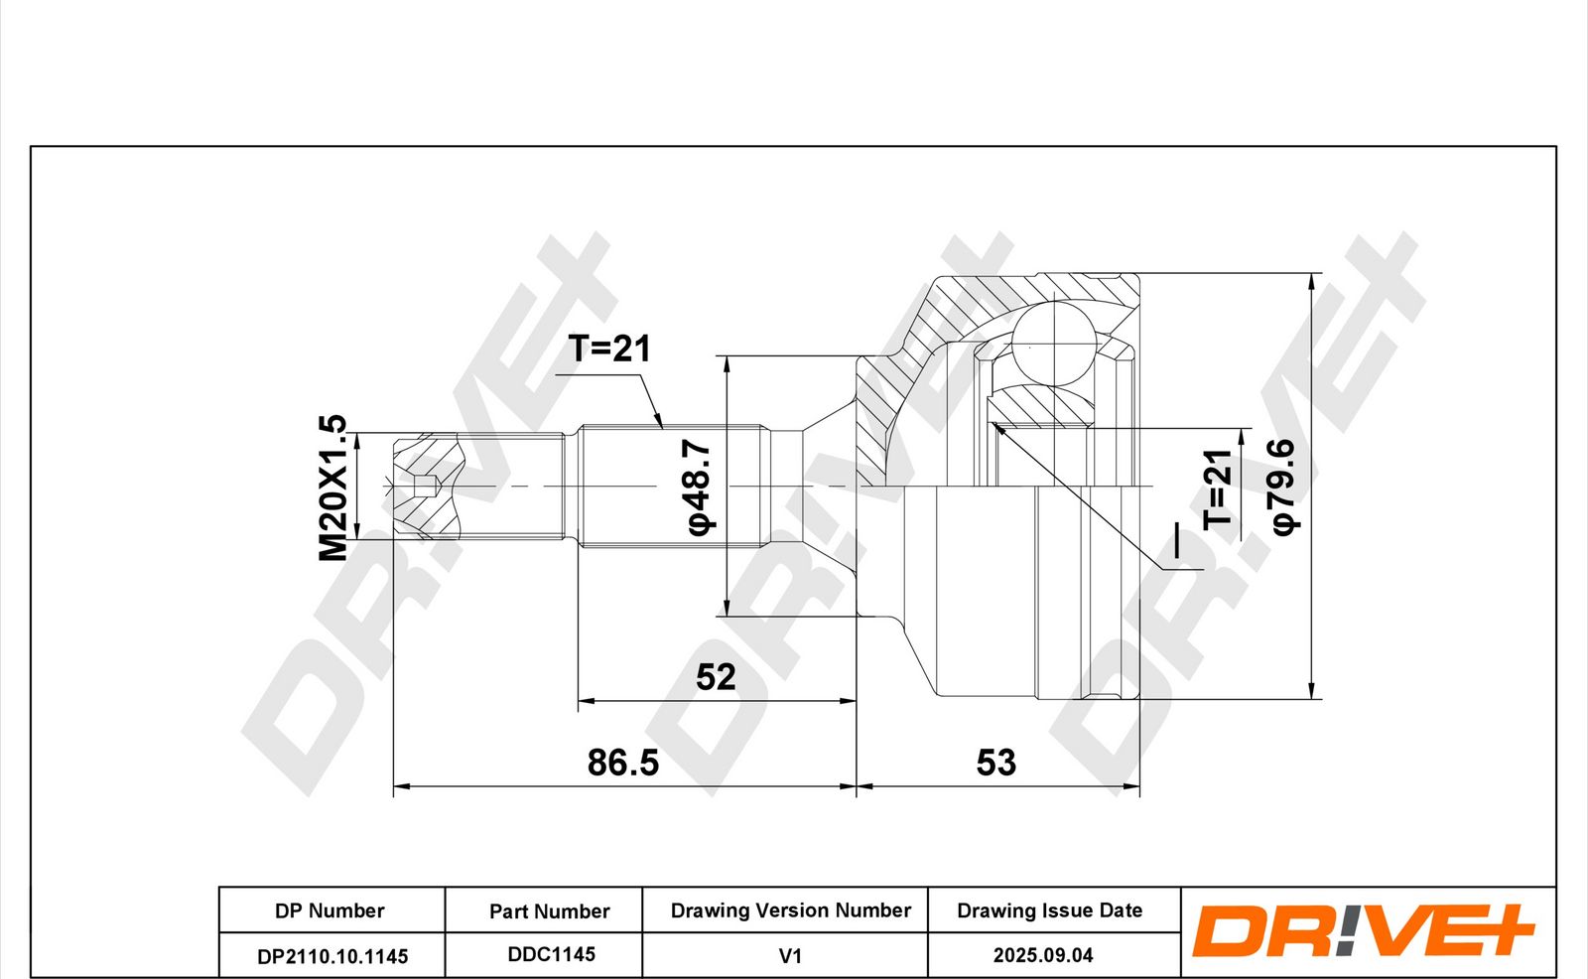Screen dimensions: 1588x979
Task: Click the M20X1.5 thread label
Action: point(332,488)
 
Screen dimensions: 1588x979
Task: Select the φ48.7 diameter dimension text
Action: point(698,487)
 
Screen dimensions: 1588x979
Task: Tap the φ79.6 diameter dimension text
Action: point(1283,487)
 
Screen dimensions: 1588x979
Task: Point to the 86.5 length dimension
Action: point(623,763)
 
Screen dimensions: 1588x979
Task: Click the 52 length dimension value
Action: point(716,677)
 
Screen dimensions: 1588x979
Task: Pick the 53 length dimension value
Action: point(996,763)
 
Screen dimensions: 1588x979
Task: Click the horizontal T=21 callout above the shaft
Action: point(609,349)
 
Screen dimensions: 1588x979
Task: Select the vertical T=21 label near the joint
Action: point(1218,489)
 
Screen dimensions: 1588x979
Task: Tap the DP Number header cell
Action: point(330,910)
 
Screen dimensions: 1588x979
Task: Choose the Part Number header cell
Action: point(550,910)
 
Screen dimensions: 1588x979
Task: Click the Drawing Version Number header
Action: point(790,910)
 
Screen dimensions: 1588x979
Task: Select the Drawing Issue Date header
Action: point(1050,910)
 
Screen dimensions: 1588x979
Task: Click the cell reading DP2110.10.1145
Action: point(332,955)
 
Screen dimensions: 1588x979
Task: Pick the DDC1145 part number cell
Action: point(551,954)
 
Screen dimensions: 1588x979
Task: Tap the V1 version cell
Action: point(790,955)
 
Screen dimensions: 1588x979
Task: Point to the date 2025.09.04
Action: point(1043,955)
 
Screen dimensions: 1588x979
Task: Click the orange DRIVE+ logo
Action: point(1363,929)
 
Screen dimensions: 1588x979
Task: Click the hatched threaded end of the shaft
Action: point(428,486)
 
